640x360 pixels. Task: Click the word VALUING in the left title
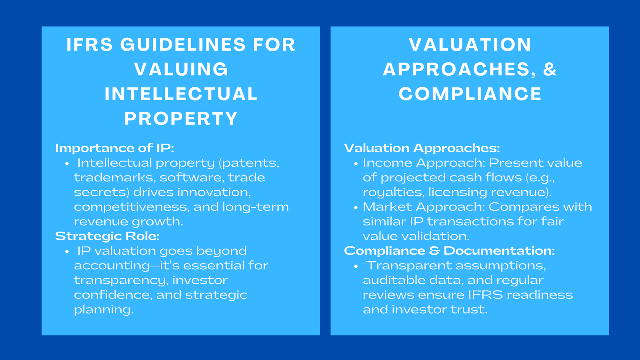tap(181, 69)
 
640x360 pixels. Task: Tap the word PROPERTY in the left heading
tap(181, 118)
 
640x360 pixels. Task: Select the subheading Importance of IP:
tap(114, 148)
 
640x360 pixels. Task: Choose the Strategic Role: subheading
tap(107, 236)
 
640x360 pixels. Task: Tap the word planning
tap(103, 310)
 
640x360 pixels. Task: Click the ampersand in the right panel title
tap(550, 69)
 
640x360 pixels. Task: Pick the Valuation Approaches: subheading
tap(422, 148)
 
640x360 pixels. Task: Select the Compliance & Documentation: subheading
tap(449, 251)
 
